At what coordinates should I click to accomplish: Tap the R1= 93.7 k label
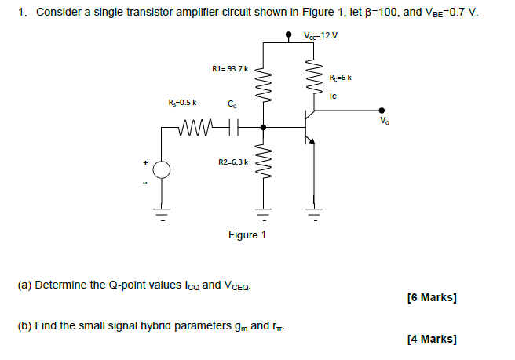(230, 70)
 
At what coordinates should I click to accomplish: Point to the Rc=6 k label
(338, 77)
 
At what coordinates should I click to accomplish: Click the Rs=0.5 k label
(183, 102)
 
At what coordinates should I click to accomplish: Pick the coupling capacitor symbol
(230, 125)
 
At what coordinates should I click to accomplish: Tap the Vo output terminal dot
(382, 111)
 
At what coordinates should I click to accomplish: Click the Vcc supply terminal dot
(290, 35)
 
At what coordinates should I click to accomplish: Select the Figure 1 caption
(247, 235)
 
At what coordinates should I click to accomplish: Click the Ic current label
(334, 96)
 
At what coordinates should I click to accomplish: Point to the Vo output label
(383, 122)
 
